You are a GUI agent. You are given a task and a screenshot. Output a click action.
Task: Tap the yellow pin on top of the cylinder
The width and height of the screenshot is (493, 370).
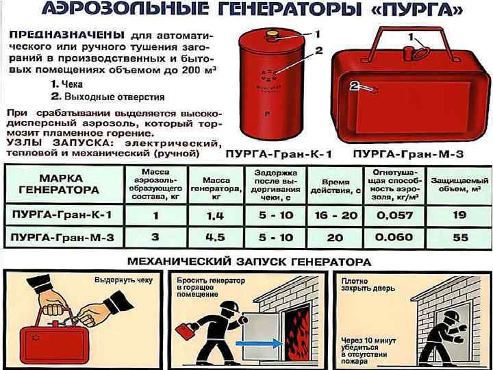pos(273,34)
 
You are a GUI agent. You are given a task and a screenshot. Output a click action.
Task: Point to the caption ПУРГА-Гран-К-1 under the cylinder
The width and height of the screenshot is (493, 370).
pos(279,154)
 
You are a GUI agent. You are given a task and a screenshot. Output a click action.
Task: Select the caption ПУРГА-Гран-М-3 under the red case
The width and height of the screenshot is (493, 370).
pos(408,154)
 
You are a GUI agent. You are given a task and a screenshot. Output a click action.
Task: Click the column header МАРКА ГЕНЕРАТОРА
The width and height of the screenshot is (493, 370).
pos(59,184)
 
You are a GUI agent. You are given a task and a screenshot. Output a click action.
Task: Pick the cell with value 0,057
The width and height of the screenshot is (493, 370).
pos(394,215)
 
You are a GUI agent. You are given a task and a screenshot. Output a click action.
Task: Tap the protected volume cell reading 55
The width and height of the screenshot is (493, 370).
pos(460,237)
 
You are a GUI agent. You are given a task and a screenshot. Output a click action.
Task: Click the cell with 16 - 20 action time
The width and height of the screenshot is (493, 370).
pos(336,215)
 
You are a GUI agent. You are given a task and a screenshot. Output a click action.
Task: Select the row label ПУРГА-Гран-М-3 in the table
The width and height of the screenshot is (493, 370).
pos(62,237)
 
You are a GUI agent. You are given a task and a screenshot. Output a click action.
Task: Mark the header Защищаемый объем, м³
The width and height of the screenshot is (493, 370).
pos(459,185)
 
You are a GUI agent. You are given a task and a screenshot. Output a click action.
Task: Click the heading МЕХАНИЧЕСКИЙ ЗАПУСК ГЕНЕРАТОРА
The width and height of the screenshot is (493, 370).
pos(249,262)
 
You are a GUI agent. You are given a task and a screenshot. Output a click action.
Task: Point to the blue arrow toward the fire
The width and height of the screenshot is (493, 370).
pos(259,343)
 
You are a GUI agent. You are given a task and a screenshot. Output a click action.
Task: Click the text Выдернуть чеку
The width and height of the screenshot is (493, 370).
pos(123,280)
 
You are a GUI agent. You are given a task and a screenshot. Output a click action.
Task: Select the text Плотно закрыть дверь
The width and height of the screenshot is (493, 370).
pos(368,285)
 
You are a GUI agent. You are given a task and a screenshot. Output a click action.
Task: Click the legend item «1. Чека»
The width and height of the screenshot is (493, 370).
pos(66,84)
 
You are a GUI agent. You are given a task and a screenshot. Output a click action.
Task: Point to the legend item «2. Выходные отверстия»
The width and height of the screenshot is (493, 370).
pos(108,97)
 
